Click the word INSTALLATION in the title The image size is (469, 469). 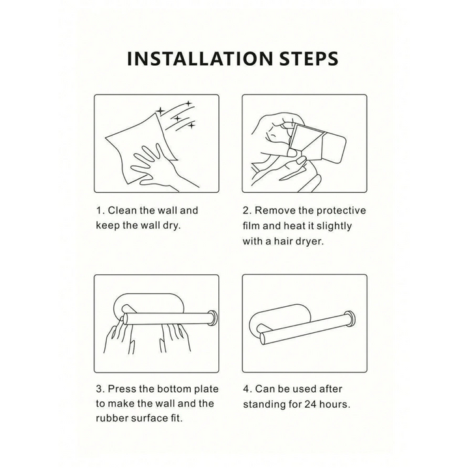click(199, 59)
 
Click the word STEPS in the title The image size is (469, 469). click(308, 59)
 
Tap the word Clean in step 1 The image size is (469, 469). click(122, 210)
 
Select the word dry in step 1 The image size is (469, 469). click(172, 226)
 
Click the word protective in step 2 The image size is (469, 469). click(341, 211)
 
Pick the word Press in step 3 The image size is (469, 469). click(122, 389)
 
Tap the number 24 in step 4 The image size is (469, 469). click(311, 405)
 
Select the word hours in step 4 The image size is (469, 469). click(335, 405)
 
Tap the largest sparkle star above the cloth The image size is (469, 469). click(161, 111)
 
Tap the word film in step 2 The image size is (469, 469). click(251, 226)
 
